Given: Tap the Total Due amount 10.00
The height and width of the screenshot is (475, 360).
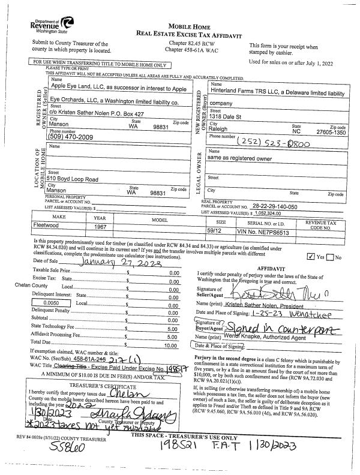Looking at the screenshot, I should coord(172,346).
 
